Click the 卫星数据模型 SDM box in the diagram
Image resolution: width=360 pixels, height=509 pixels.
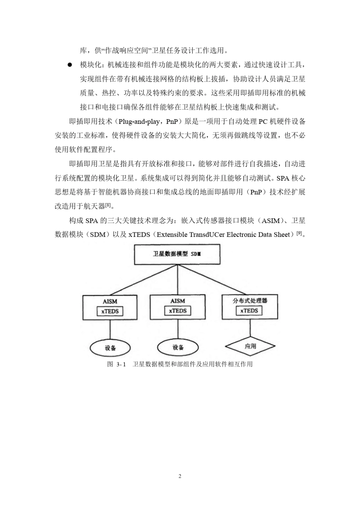(177, 254)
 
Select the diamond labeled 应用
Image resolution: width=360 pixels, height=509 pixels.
(250, 346)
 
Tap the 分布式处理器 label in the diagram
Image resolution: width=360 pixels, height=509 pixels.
(250, 301)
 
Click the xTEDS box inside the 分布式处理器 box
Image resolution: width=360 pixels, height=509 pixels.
(250, 311)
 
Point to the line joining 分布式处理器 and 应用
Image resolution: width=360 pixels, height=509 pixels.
(250, 328)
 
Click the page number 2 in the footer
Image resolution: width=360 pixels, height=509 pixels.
(180, 476)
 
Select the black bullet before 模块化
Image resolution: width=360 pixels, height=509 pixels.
(70, 65)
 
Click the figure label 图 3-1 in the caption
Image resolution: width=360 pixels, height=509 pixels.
(116, 364)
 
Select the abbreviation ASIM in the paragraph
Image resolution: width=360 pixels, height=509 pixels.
(271, 221)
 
